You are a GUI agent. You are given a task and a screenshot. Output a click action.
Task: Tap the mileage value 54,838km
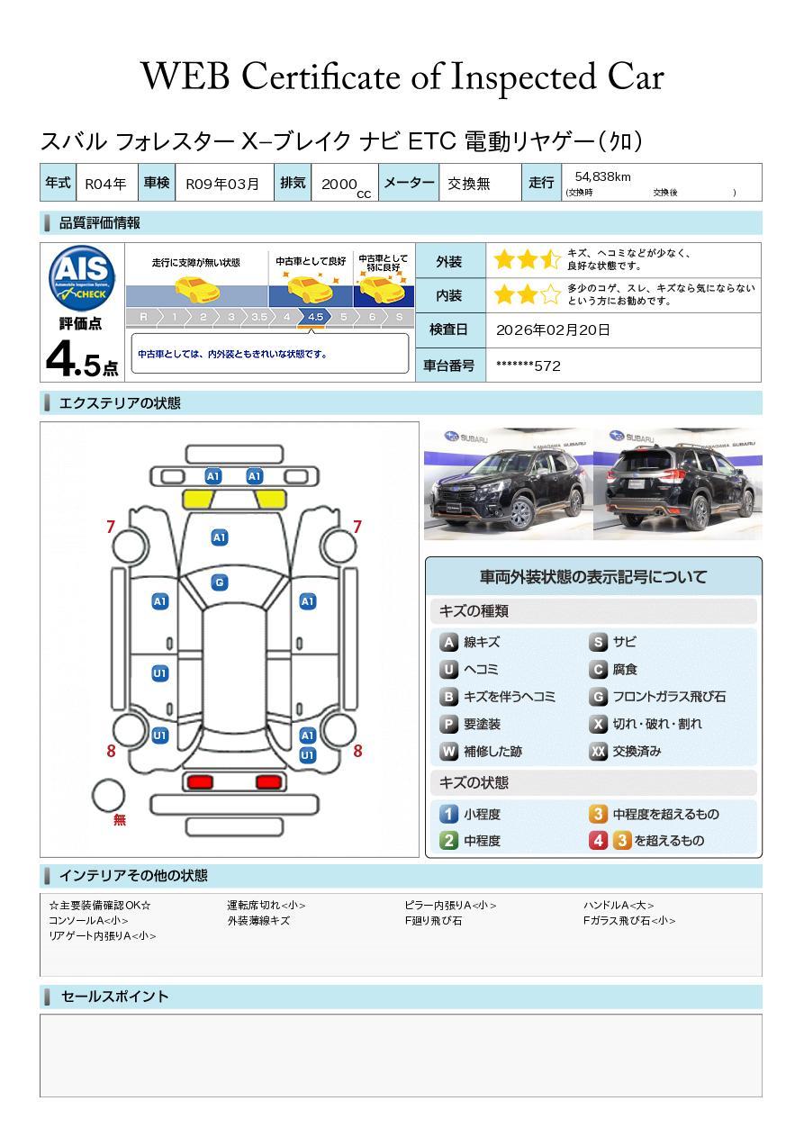(602, 176)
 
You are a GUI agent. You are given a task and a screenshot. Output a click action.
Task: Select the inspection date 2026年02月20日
(553, 330)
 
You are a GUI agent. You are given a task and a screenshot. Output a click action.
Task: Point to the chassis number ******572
(528, 365)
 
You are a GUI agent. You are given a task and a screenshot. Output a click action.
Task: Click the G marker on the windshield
(219, 582)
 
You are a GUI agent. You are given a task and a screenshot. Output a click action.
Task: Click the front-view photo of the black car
(508, 484)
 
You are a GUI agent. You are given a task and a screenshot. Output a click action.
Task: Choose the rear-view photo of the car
(677, 484)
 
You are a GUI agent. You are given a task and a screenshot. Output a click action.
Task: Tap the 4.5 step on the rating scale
(315, 317)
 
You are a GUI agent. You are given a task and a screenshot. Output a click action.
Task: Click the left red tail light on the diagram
(199, 781)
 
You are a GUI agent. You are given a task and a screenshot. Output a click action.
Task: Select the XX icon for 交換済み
(599, 751)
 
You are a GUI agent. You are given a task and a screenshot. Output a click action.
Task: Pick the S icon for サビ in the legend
(599, 642)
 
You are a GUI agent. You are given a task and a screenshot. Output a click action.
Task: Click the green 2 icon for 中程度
(448, 841)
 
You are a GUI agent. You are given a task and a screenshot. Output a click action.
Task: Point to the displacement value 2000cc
(345, 185)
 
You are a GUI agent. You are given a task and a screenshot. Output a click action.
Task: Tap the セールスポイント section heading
(114, 997)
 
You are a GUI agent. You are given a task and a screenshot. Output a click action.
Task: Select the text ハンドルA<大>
(618, 906)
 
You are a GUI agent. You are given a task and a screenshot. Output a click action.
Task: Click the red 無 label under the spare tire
(120, 820)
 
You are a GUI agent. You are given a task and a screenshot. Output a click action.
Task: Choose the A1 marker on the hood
(219, 537)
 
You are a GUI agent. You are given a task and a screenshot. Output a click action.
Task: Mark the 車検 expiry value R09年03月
(221, 184)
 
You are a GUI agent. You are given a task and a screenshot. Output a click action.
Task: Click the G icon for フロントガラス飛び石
(599, 697)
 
